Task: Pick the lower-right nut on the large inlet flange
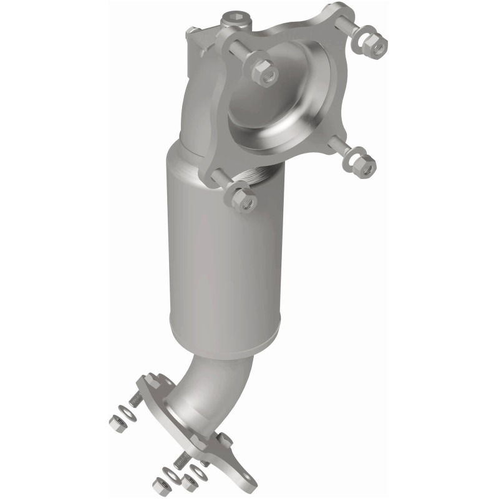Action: pos(361,163)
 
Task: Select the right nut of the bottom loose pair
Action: pos(188,482)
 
